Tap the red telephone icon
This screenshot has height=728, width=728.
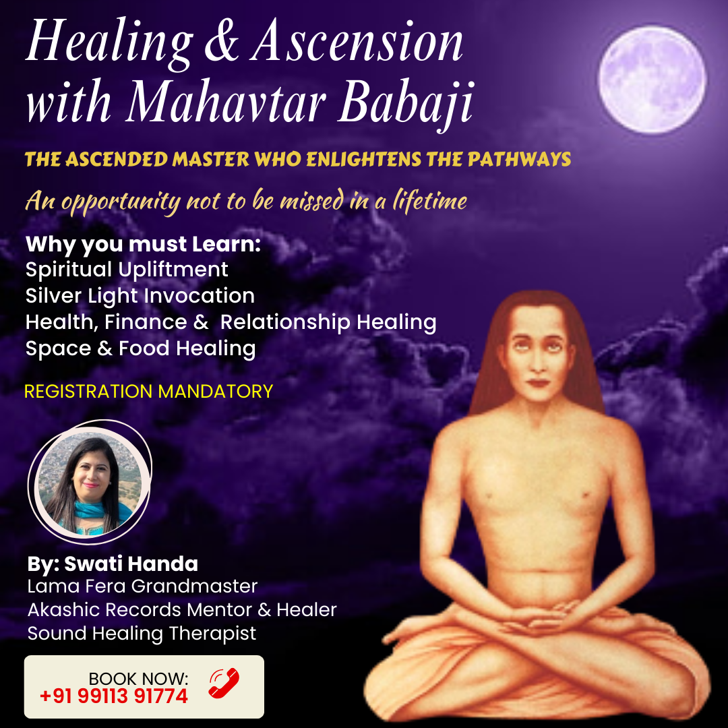(x=224, y=683)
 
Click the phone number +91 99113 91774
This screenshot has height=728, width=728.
(x=114, y=696)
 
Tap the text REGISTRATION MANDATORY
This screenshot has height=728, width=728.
(x=148, y=391)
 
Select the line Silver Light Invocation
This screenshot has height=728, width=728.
(x=140, y=296)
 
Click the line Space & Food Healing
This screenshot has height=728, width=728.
(x=140, y=348)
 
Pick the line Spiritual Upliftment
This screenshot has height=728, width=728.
(x=127, y=270)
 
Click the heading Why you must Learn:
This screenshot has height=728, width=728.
(x=143, y=244)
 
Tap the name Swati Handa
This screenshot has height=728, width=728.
(x=131, y=564)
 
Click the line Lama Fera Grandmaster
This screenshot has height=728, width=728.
(x=142, y=586)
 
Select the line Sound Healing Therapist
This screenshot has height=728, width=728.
(x=142, y=634)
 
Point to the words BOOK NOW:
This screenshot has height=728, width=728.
(x=138, y=677)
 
